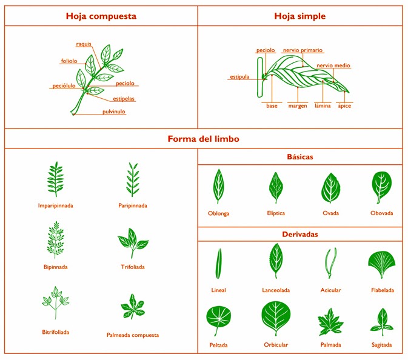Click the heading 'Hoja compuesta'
[x=101, y=16]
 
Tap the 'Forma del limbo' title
[x=203, y=139]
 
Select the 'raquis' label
[x=84, y=44]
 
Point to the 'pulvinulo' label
[x=114, y=112]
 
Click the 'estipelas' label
[x=124, y=99]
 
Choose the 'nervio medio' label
[x=333, y=65]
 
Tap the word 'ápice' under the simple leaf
[x=344, y=105]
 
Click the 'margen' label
[x=298, y=106]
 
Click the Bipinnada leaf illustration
[x=55, y=239]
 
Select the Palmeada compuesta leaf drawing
[x=132, y=307]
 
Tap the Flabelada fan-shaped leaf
[x=382, y=264]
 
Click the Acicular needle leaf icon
[x=330, y=262]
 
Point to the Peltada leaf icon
[x=219, y=320]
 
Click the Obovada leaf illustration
[x=381, y=187]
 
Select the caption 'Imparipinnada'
[x=55, y=205]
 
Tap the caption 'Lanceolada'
[x=276, y=290]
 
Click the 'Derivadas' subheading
[x=300, y=235]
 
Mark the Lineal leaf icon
[x=219, y=264]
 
